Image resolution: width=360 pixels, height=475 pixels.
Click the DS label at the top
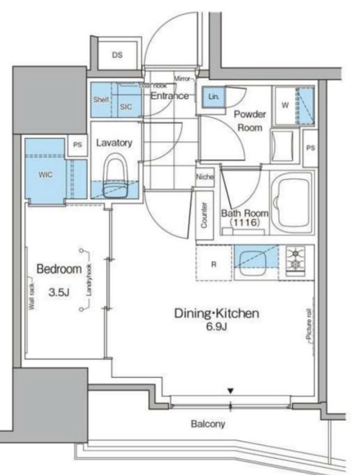(x=117, y=56)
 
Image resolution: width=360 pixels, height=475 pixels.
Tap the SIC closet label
(x=125, y=106)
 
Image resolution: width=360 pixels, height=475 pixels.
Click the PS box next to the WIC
(x=77, y=145)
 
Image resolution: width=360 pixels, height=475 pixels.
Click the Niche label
(x=206, y=177)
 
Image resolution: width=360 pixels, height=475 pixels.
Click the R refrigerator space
(x=214, y=263)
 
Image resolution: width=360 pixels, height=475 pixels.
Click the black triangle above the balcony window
(x=231, y=390)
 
